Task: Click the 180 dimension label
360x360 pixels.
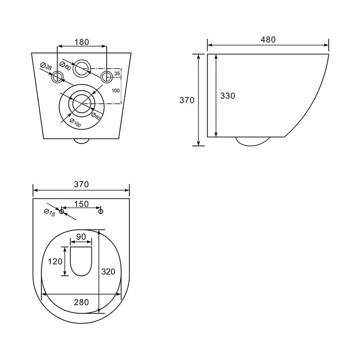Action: coord(81,42)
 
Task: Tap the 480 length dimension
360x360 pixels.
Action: coord(268,40)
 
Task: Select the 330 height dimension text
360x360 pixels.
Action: coord(227,96)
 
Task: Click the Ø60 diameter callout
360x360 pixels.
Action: coord(65,66)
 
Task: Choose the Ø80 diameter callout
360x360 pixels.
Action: coord(96,116)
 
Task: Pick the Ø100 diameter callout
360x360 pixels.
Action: coord(75,123)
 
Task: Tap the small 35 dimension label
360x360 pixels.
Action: coord(117,74)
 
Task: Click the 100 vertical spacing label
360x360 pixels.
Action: coord(116,91)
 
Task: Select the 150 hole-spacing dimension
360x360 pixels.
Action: coord(81,204)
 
